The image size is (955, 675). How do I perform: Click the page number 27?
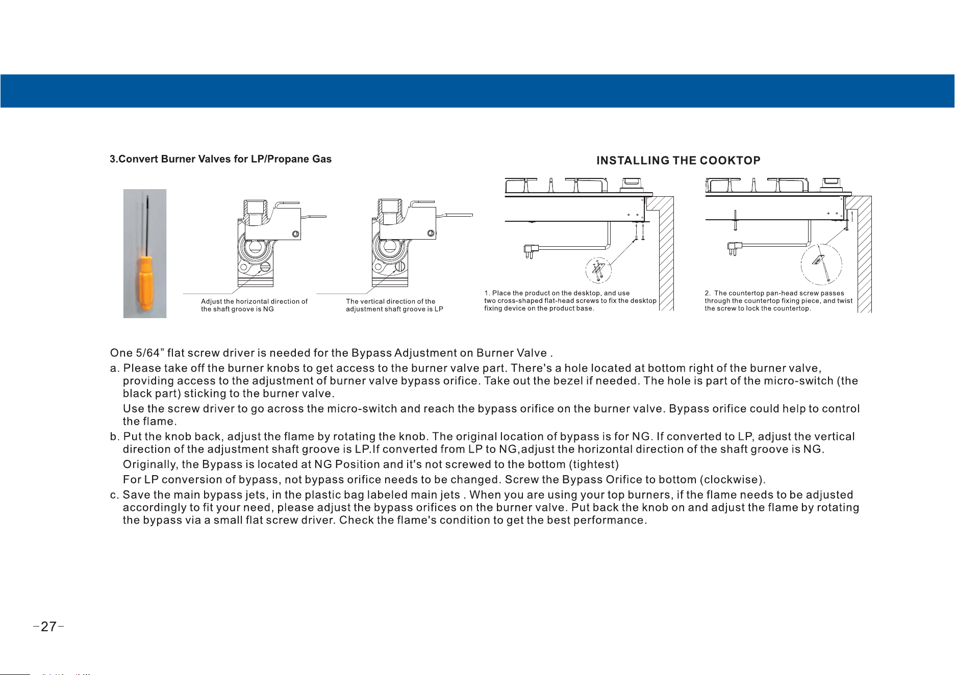pos(48,627)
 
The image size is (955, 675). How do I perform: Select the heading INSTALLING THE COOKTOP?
pos(678,161)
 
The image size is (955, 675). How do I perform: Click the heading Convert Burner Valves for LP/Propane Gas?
pos(220,159)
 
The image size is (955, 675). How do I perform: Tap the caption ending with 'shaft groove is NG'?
pos(254,305)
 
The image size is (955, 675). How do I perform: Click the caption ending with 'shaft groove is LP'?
pos(394,305)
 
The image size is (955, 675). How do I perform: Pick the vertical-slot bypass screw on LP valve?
pos(400,266)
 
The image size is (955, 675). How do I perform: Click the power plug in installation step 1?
pos(531,250)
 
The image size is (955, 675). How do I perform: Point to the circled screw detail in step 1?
pos(598,270)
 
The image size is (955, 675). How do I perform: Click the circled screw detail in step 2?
pos(821,265)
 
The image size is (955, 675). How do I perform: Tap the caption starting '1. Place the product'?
pos(570,301)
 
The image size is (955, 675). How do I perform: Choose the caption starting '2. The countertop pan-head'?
pos(778,301)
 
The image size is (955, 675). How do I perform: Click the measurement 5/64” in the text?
pos(148,353)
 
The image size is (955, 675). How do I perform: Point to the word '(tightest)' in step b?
pos(594,464)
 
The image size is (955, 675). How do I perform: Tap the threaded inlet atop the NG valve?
pos(256,208)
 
